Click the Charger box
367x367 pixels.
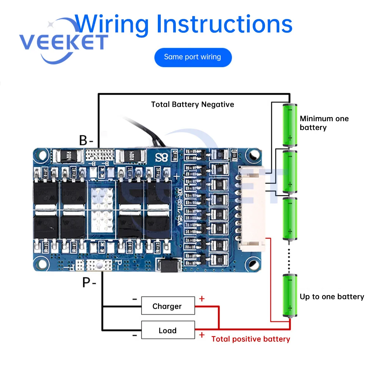click(168, 306)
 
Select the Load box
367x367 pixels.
click(168, 330)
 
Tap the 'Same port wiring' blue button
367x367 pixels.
click(193, 57)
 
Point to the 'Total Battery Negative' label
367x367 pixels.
click(193, 105)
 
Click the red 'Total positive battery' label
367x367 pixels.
click(251, 339)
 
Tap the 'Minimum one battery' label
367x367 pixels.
click(324, 123)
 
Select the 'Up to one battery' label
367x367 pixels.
click(332, 297)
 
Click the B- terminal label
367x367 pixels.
click(87, 140)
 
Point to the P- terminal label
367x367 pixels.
click(89, 283)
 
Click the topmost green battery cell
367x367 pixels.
click(290, 125)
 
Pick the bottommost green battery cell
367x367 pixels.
click(290, 295)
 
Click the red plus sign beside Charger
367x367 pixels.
click(201, 299)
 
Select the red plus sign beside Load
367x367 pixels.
click(201, 334)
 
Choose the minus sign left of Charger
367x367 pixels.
click(135, 299)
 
